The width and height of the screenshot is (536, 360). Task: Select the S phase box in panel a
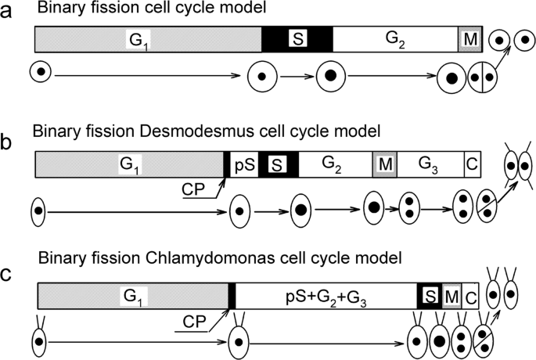296,38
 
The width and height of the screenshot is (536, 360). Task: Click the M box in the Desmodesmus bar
383,164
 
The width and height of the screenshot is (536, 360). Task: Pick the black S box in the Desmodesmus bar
278,164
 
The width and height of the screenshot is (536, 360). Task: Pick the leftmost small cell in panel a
40,73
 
